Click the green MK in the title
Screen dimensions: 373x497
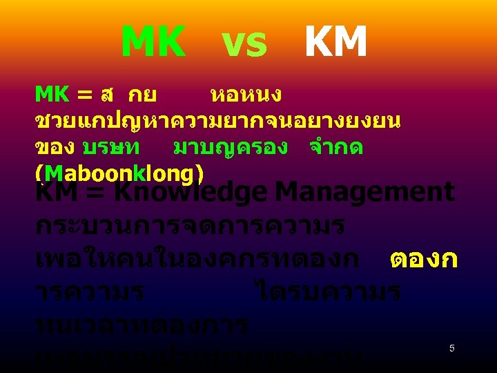[153, 43]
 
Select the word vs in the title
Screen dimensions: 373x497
[244, 45]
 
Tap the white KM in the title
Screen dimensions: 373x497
[335, 43]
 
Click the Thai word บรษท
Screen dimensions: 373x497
[111, 149]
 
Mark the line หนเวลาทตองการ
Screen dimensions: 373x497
[141, 325]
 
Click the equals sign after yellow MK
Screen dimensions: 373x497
[84, 94]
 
